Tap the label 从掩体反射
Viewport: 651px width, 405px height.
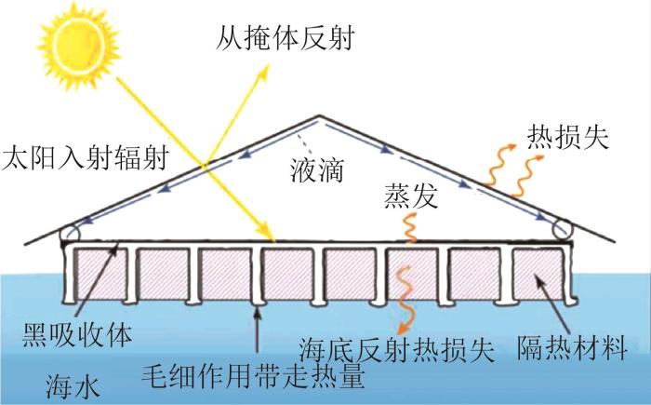pyautogui.click(x=285, y=39)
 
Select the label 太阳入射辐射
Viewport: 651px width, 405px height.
pyautogui.click(x=86, y=158)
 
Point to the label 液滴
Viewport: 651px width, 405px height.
pyautogui.click(x=317, y=170)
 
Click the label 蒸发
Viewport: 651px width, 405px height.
pyautogui.click(x=411, y=196)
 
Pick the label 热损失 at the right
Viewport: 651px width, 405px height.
pyautogui.click(x=568, y=136)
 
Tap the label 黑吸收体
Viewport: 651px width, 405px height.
pyautogui.click(x=77, y=335)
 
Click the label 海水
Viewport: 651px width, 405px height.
pyautogui.click(x=73, y=387)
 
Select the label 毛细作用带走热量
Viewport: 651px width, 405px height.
pyautogui.click(x=253, y=376)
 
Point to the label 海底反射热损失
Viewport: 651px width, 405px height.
pyautogui.click(x=397, y=350)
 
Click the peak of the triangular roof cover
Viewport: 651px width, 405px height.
pyautogui.click(x=319, y=115)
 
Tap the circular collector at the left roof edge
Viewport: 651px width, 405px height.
pyautogui.click(x=69, y=233)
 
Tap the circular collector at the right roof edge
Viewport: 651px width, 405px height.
pyautogui.click(x=562, y=229)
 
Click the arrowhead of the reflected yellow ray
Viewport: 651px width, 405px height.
pyautogui.click(x=263, y=72)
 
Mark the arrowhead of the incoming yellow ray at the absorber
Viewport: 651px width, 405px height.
pyautogui.click(x=270, y=234)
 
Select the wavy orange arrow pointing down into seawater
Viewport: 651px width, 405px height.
pyautogui.click(x=404, y=299)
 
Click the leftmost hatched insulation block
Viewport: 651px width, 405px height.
pyautogui.click(x=100, y=274)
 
